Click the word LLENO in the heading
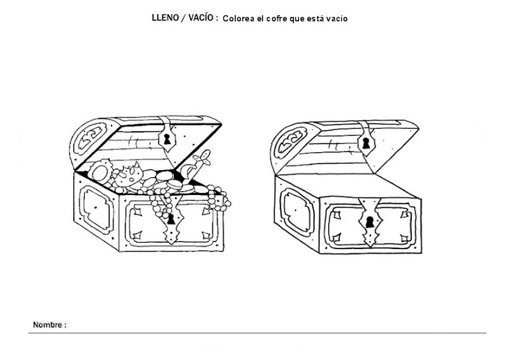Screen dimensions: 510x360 (165, 18)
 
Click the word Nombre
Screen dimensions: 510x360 (47, 324)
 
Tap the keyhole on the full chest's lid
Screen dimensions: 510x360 (167, 139)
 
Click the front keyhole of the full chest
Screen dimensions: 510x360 (171, 220)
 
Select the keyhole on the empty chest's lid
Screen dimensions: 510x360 (366, 143)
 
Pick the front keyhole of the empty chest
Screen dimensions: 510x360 (370, 222)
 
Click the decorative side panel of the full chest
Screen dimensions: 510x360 (94, 208)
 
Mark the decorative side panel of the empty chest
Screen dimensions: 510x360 (296, 210)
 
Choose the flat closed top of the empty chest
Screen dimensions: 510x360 (348, 186)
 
